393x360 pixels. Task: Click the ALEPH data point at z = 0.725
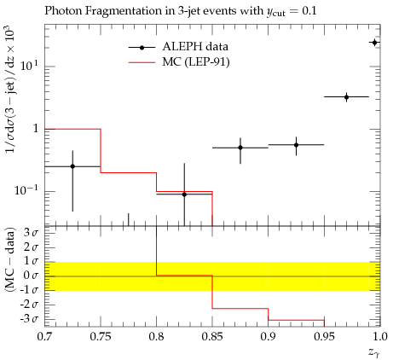pos(72,166)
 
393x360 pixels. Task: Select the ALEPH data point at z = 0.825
pos(184,195)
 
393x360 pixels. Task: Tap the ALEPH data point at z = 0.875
pos(240,148)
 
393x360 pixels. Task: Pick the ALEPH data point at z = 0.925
pos(296,145)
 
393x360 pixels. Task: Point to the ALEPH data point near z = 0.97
pos(346,97)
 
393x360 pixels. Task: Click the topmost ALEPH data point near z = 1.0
pos(374,43)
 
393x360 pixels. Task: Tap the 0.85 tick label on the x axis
pos(212,337)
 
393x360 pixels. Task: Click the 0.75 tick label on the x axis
pos(101,337)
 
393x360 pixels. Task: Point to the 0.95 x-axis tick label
pos(324,337)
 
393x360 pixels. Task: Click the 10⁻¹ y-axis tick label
pos(26,189)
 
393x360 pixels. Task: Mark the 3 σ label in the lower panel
pos(31,233)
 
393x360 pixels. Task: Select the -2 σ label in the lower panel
pos(29,305)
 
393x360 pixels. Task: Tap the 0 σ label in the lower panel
pos(31,276)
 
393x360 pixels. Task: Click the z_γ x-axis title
pos(374,353)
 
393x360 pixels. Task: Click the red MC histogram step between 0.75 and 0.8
pos(129,172)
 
